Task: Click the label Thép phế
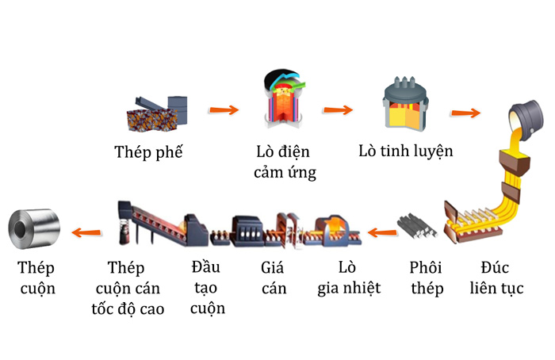[148, 151]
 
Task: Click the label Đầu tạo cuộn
[209, 286]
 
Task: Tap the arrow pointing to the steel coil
[86, 232]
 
